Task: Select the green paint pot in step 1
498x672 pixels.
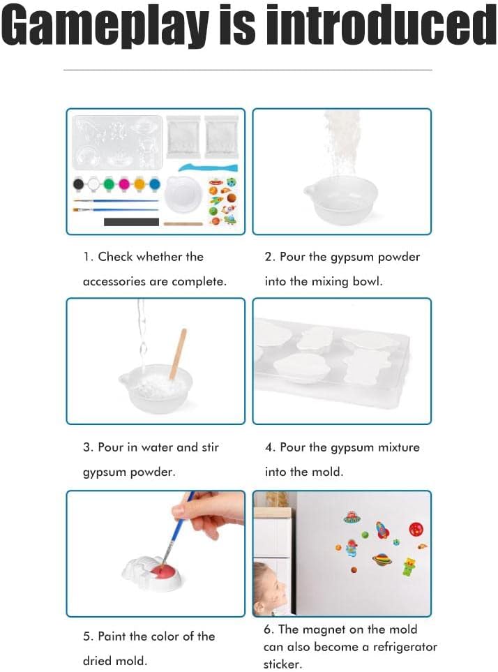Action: (x=109, y=184)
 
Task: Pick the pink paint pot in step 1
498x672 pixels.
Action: (x=124, y=184)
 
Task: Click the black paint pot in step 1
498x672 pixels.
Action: (x=78, y=184)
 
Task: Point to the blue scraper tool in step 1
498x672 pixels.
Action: (x=208, y=167)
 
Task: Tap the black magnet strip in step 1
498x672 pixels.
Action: (x=131, y=222)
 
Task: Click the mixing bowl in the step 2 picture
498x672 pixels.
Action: (x=341, y=202)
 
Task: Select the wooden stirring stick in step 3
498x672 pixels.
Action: (x=178, y=354)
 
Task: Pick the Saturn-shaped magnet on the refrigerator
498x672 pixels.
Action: (x=381, y=559)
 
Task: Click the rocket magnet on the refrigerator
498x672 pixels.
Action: (x=382, y=530)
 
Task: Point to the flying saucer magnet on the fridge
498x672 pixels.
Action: (x=352, y=518)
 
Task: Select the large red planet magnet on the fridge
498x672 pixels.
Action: (x=416, y=529)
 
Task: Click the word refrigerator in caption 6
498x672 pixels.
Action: (x=405, y=646)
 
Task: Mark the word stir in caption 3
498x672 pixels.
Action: (x=210, y=447)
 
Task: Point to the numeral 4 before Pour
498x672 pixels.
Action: (x=269, y=447)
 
